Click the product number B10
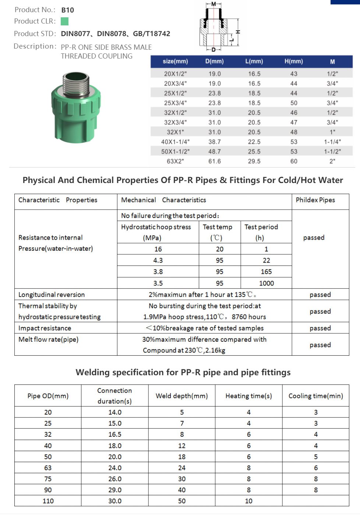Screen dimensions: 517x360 pyautogui.click(x=67, y=10)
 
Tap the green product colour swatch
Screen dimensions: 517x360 pyautogui.click(x=64, y=21)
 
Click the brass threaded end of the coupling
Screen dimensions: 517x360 pyautogui.click(x=76, y=85)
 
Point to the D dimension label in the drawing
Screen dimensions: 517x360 pyautogui.click(x=213, y=49)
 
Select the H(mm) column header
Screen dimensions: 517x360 pyautogui.click(x=293, y=61)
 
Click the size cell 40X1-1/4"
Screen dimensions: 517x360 pyautogui.click(x=175, y=142)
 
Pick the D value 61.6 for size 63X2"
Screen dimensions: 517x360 pyautogui.click(x=215, y=161)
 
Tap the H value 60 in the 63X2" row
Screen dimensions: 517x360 pyautogui.click(x=293, y=161)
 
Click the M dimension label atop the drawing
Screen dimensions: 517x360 pyautogui.click(x=213, y=4)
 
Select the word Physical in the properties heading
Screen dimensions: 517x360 pyautogui.click(x=39, y=180)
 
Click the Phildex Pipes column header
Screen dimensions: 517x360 pyautogui.click(x=315, y=200)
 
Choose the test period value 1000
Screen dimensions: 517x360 pyautogui.click(x=266, y=283)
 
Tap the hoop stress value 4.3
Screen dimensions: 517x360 pyautogui.click(x=158, y=260)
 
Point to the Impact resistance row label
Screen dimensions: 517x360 pyautogui.click(x=45, y=328)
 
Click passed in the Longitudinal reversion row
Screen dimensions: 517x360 pyautogui.click(x=320, y=295)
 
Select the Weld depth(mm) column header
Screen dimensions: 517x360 pyautogui.click(x=181, y=396)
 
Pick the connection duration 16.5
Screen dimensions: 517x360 pyautogui.click(x=115, y=435)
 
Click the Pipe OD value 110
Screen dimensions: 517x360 pyautogui.click(x=48, y=501)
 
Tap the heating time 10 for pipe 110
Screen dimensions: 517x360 pyautogui.click(x=248, y=501)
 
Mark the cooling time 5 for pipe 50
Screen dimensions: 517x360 pyautogui.click(x=315, y=457)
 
